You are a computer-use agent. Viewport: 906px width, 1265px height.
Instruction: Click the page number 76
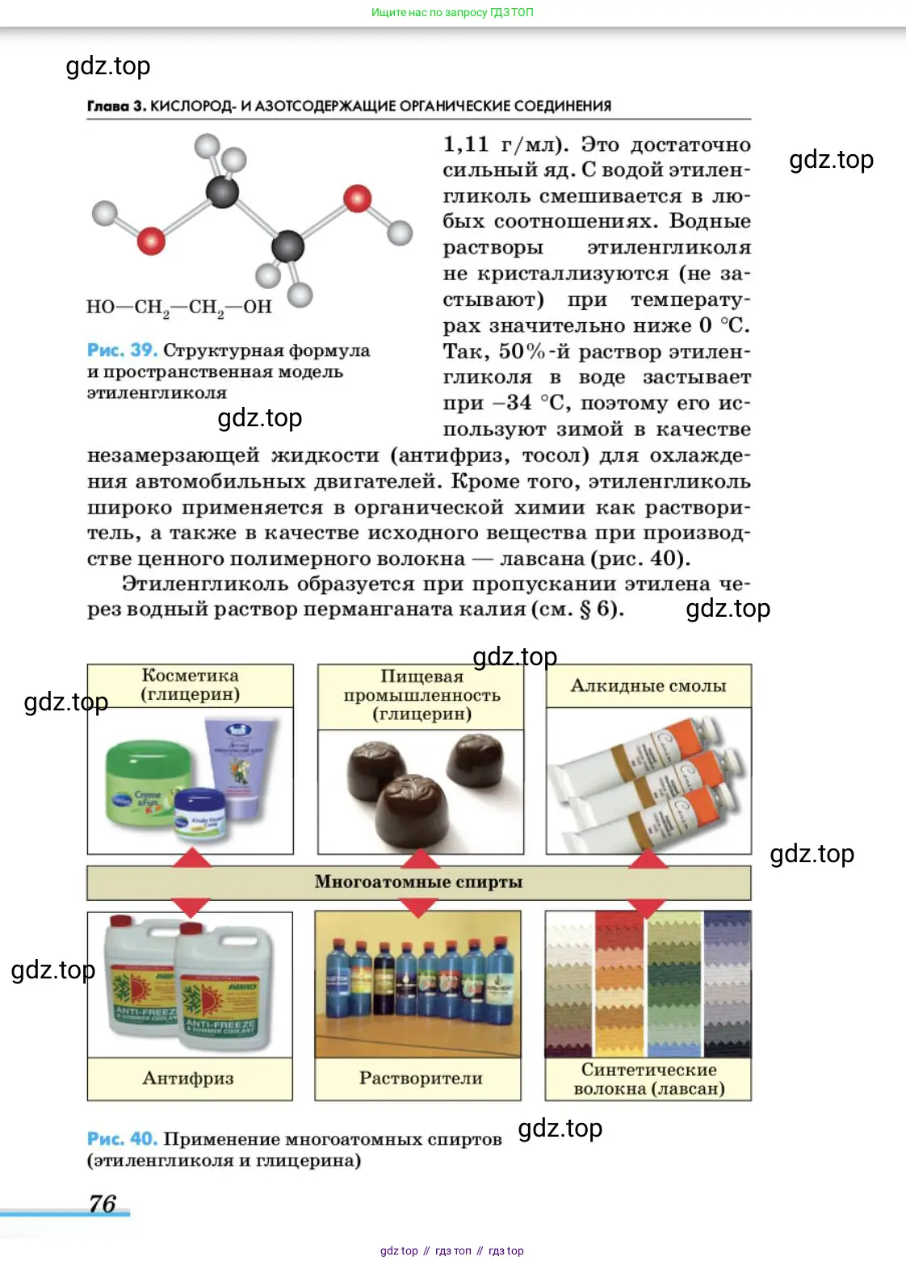pos(103,1203)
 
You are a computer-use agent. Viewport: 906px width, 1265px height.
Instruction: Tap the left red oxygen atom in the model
pos(151,240)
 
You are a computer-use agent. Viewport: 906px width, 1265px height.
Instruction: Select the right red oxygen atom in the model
pos(357,198)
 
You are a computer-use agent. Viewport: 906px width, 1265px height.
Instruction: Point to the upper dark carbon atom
pos(222,192)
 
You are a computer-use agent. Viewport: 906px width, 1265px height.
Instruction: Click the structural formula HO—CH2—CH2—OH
pos(179,307)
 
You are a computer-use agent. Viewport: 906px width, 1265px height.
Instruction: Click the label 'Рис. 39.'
pos(122,350)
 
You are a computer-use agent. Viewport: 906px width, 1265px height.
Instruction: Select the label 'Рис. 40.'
pos(122,1138)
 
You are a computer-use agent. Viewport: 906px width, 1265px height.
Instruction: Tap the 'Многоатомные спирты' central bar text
pos(418,882)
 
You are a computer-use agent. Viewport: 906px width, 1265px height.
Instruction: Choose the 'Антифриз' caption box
pos(189,1078)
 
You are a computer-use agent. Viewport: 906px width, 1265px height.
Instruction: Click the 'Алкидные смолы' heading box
pos(648,686)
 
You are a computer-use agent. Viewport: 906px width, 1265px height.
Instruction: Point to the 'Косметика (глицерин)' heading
pos(191,685)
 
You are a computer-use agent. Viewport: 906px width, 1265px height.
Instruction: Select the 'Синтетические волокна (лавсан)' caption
pos(648,1079)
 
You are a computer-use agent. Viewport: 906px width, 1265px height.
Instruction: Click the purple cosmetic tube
pos(239,767)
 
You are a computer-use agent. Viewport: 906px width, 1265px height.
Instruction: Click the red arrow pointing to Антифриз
pos(191,907)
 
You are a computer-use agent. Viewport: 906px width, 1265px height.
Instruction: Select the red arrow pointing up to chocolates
pos(420,858)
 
